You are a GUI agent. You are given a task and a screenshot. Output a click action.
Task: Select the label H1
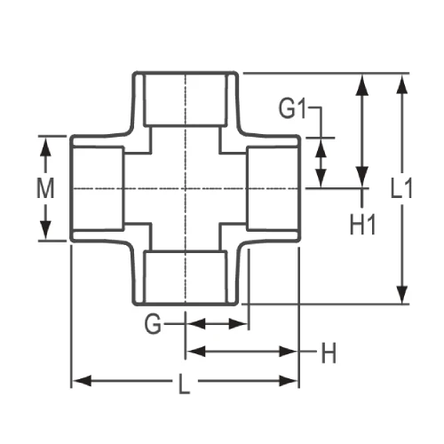click(363, 224)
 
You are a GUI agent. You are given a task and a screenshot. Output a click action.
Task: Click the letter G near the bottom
click(154, 325)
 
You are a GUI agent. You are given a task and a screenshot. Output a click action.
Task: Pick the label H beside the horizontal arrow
click(329, 353)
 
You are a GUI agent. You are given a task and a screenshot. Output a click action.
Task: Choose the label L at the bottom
click(185, 384)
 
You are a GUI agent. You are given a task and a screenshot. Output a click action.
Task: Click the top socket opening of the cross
click(186, 98)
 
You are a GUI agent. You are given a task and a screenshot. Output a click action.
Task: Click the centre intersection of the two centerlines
click(186, 188)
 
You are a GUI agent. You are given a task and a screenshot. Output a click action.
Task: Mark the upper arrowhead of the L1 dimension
click(402, 83)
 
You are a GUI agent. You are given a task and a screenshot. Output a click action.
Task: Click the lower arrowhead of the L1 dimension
click(402, 297)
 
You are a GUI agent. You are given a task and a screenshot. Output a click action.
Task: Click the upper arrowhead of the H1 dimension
click(362, 83)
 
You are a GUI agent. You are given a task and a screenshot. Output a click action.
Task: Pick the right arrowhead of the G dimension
click(239, 324)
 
